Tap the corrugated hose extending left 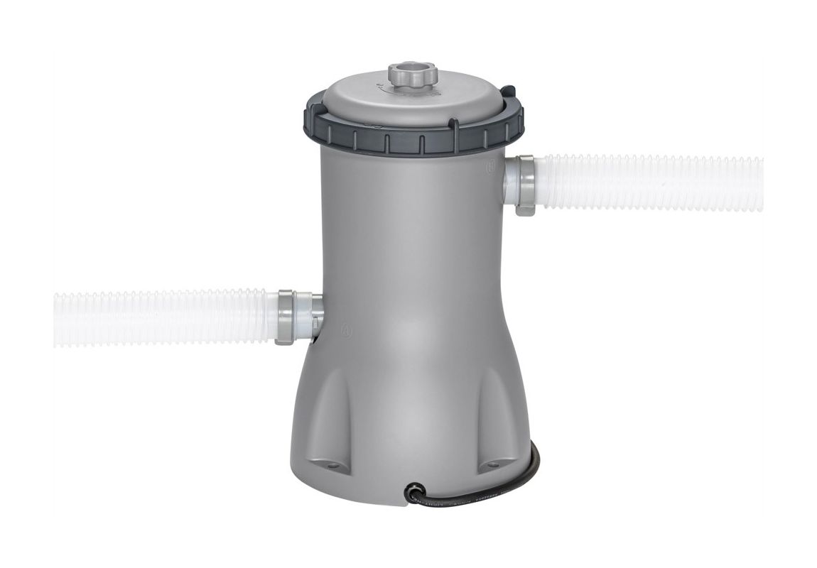(163, 318)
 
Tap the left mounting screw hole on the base (334, 466)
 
